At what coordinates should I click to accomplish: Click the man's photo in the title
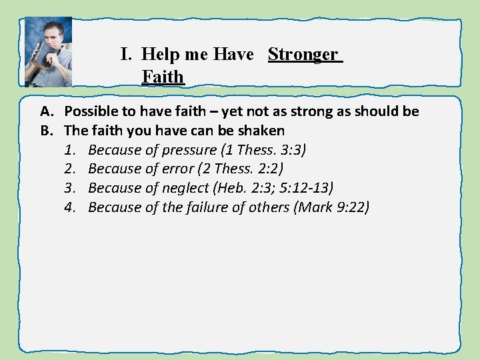48,52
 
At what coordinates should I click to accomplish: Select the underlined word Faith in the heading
162,77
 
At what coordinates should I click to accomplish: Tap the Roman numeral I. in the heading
127,54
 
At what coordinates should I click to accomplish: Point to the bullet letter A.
47,111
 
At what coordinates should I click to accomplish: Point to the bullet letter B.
47,130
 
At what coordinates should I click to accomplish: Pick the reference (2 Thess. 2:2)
241,169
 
